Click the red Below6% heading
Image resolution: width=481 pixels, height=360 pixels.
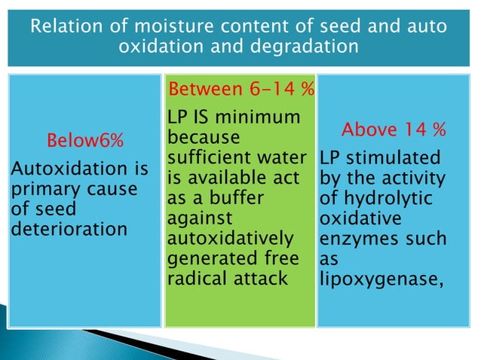click(x=86, y=140)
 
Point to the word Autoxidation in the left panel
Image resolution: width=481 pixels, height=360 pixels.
click(x=58, y=171)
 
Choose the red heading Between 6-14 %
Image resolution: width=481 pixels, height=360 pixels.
click(x=240, y=90)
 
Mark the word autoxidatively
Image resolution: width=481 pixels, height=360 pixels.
click(x=230, y=239)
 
